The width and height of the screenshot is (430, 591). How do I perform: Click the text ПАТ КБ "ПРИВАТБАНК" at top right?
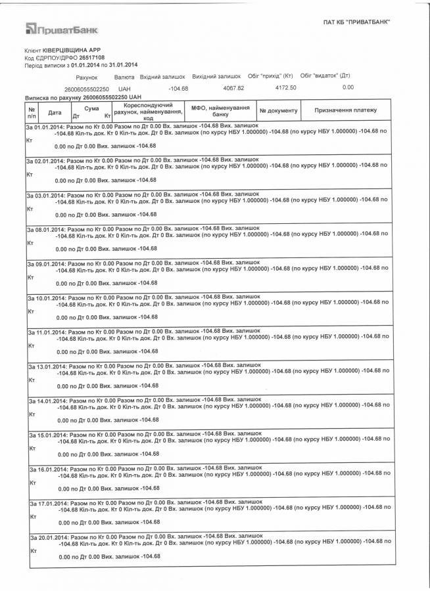click(357, 21)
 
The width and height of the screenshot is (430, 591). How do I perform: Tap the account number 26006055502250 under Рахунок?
click(86, 88)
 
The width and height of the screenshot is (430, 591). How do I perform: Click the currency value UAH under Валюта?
click(124, 88)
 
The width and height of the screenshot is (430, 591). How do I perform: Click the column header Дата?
click(55, 112)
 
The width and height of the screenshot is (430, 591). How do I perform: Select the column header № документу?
click(279, 111)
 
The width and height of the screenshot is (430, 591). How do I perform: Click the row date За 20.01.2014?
click(47, 536)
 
